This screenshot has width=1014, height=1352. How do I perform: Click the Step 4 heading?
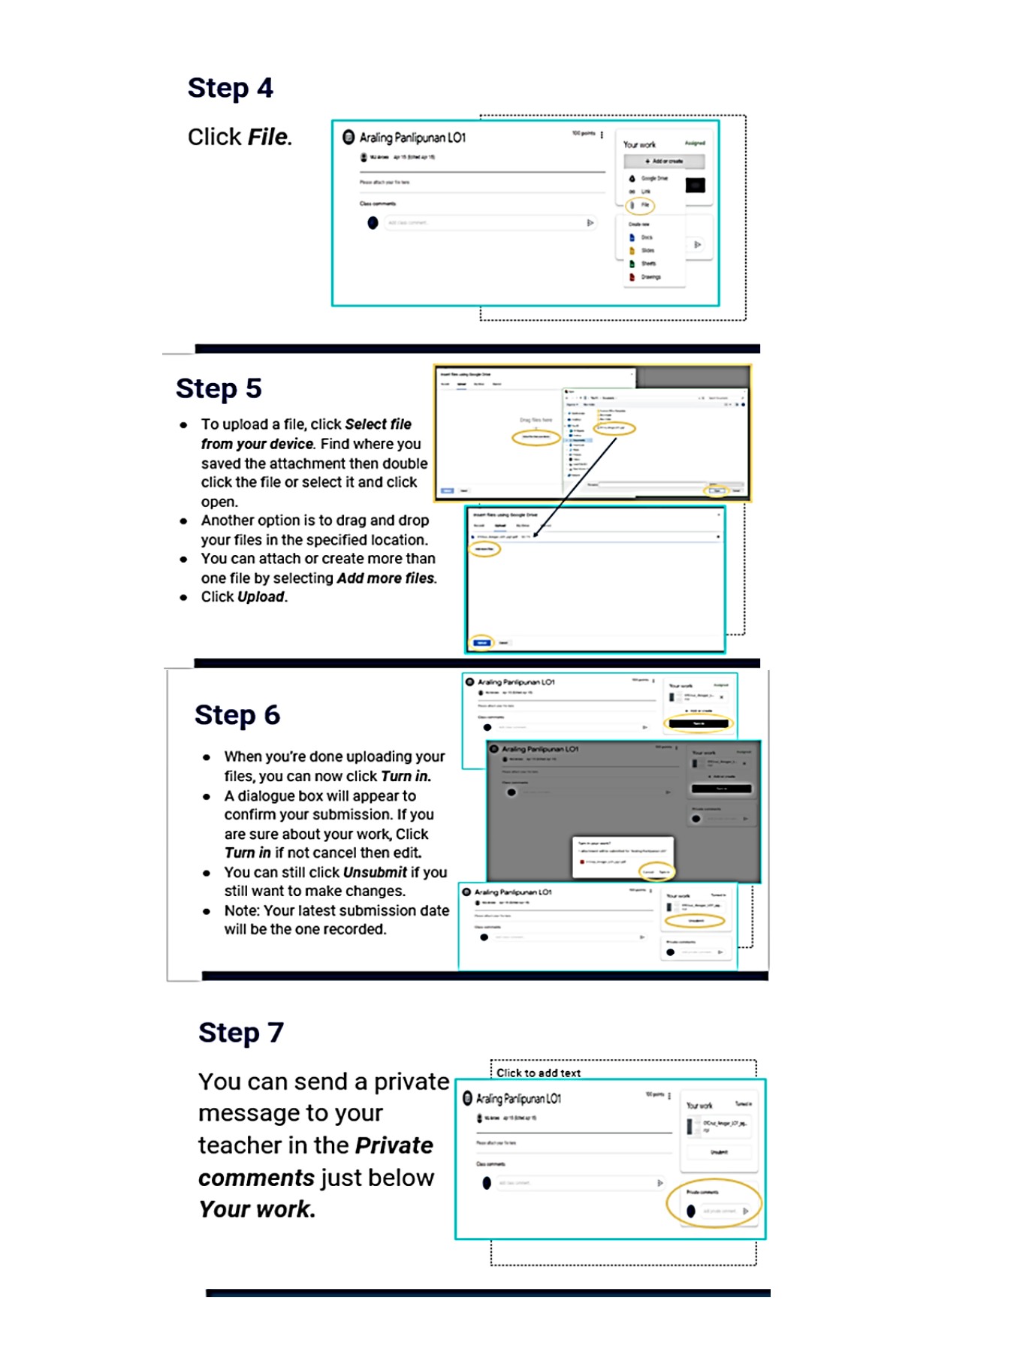point(230,89)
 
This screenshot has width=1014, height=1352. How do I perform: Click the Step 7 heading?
point(240,1033)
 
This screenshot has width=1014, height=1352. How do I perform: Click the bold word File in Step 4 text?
point(268,137)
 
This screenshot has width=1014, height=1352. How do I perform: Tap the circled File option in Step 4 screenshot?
point(641,205)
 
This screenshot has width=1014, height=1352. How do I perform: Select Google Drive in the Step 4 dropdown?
point(651,179)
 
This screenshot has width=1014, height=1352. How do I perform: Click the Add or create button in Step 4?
point(664,161)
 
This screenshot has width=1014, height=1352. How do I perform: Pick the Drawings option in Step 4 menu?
point(649,277)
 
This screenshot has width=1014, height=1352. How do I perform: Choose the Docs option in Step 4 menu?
point(645,237)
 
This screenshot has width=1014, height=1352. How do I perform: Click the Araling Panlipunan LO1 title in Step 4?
point(412,138)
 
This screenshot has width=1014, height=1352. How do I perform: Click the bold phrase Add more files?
point(385,578)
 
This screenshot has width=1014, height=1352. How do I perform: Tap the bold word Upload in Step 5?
point(261,597)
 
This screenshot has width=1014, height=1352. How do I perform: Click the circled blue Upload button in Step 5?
point(481,643)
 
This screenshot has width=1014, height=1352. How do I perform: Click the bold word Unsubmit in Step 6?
point(375,873)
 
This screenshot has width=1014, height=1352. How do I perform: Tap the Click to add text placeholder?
point(539,1073)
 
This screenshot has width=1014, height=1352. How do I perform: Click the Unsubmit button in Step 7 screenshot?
point(719,1152)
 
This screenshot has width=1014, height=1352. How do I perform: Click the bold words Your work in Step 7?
point(256,1210)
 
